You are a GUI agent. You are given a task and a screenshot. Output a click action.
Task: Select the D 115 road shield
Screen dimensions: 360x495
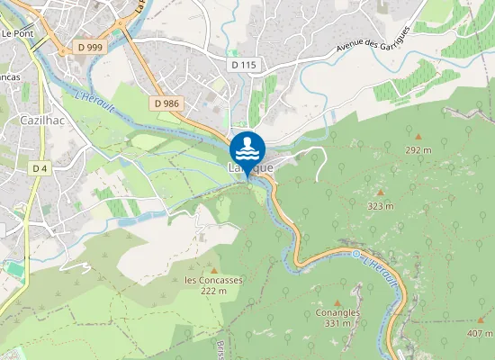pos(243,65)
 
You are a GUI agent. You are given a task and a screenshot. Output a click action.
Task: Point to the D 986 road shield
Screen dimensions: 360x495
pos(167,103)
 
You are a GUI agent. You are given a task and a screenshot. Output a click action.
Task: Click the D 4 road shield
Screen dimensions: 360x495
pos(40,168)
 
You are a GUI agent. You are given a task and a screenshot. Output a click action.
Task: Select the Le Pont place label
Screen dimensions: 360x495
pos(18,33)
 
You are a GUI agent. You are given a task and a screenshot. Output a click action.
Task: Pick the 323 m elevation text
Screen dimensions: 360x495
pos(381,206)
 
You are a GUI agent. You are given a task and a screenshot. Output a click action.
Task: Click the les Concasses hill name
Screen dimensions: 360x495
pos(213,280)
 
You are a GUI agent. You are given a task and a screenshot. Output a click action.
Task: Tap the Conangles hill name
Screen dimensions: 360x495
pos(337,312)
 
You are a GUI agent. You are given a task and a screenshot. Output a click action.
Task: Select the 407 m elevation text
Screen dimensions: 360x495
pos(480,334)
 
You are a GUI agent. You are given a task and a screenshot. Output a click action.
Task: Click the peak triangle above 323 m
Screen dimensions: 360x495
pos(380,193)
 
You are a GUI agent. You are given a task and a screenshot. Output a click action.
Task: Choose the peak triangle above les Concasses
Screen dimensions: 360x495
pos(214,268)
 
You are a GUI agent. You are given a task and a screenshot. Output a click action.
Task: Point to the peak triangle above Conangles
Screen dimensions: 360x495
pos(337,301)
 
